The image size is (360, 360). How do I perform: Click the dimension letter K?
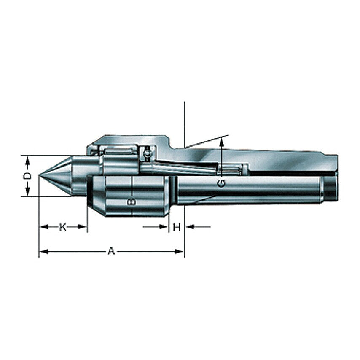point(62,227)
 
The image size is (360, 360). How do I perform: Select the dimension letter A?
point(111,252)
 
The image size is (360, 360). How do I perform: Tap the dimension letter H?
point(177,227)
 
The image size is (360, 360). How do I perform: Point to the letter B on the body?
point(132,201)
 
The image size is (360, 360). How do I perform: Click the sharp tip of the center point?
point(39,176)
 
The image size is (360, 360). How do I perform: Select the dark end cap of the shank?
point(331,189)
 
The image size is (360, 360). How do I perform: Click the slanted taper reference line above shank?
point(207,141)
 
